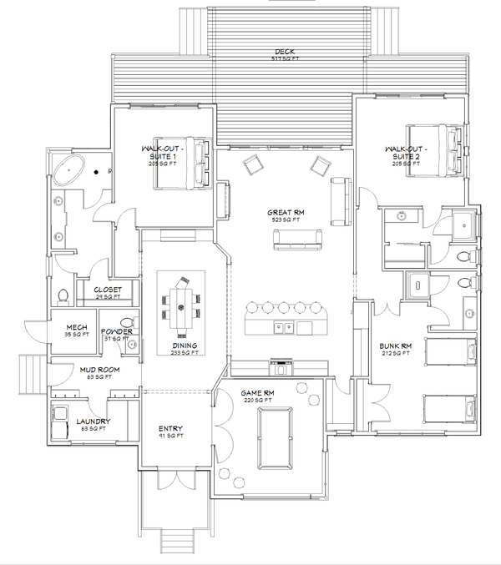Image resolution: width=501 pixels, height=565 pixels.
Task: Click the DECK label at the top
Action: [x=285, y=53]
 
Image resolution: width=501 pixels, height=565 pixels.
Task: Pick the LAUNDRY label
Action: [x=94, y=421]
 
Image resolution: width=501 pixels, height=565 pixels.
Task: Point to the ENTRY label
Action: [x=170, y=430]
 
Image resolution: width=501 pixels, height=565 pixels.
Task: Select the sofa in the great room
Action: [x=296, y=240]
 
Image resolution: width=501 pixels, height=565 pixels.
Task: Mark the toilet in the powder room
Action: [x=127, y=322]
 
